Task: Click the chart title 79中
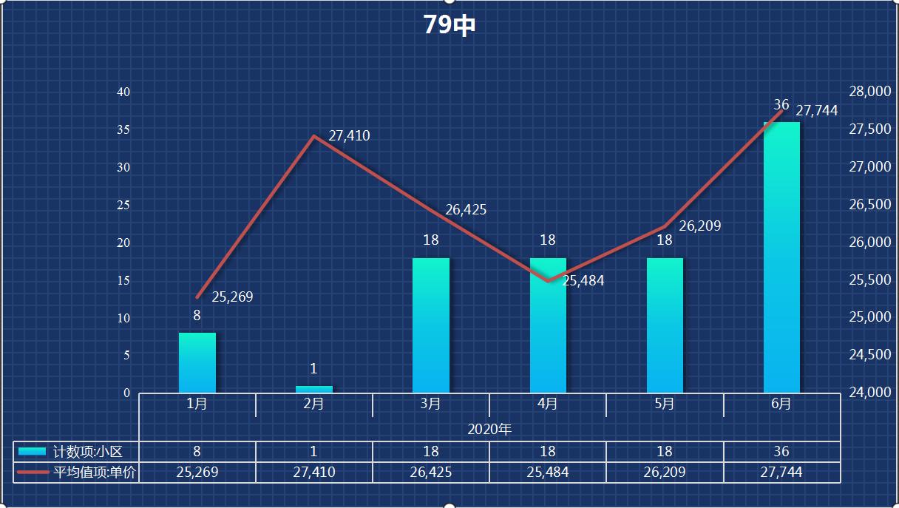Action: coord(449,25)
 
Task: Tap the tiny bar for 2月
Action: coord(313,389)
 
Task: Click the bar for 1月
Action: coord(197,362)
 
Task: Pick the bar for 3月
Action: coord(431,325)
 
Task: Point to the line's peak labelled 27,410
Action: coord(314,137)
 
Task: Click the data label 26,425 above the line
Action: coord(466,210)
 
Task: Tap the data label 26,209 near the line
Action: coord(699,226)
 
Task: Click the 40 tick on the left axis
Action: coord(123,92)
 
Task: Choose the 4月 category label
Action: coord(548,404)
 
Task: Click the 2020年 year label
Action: coord(489,429)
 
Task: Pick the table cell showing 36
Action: coord(781,452)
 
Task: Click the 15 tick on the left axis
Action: coord(123,280)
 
